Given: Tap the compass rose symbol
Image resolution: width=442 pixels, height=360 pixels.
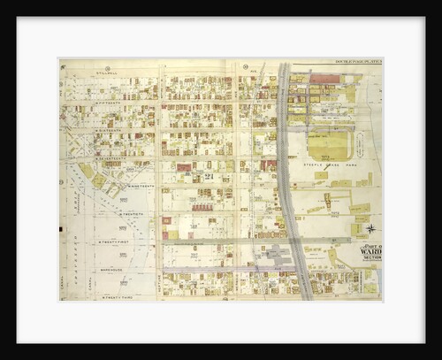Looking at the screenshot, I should pos(370,228).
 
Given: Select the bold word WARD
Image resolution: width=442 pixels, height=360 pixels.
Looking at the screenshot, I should pos(371,249).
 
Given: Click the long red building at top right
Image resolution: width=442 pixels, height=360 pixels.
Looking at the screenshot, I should pos(324,79).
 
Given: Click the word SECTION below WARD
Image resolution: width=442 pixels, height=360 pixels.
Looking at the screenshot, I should pos(371,257).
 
